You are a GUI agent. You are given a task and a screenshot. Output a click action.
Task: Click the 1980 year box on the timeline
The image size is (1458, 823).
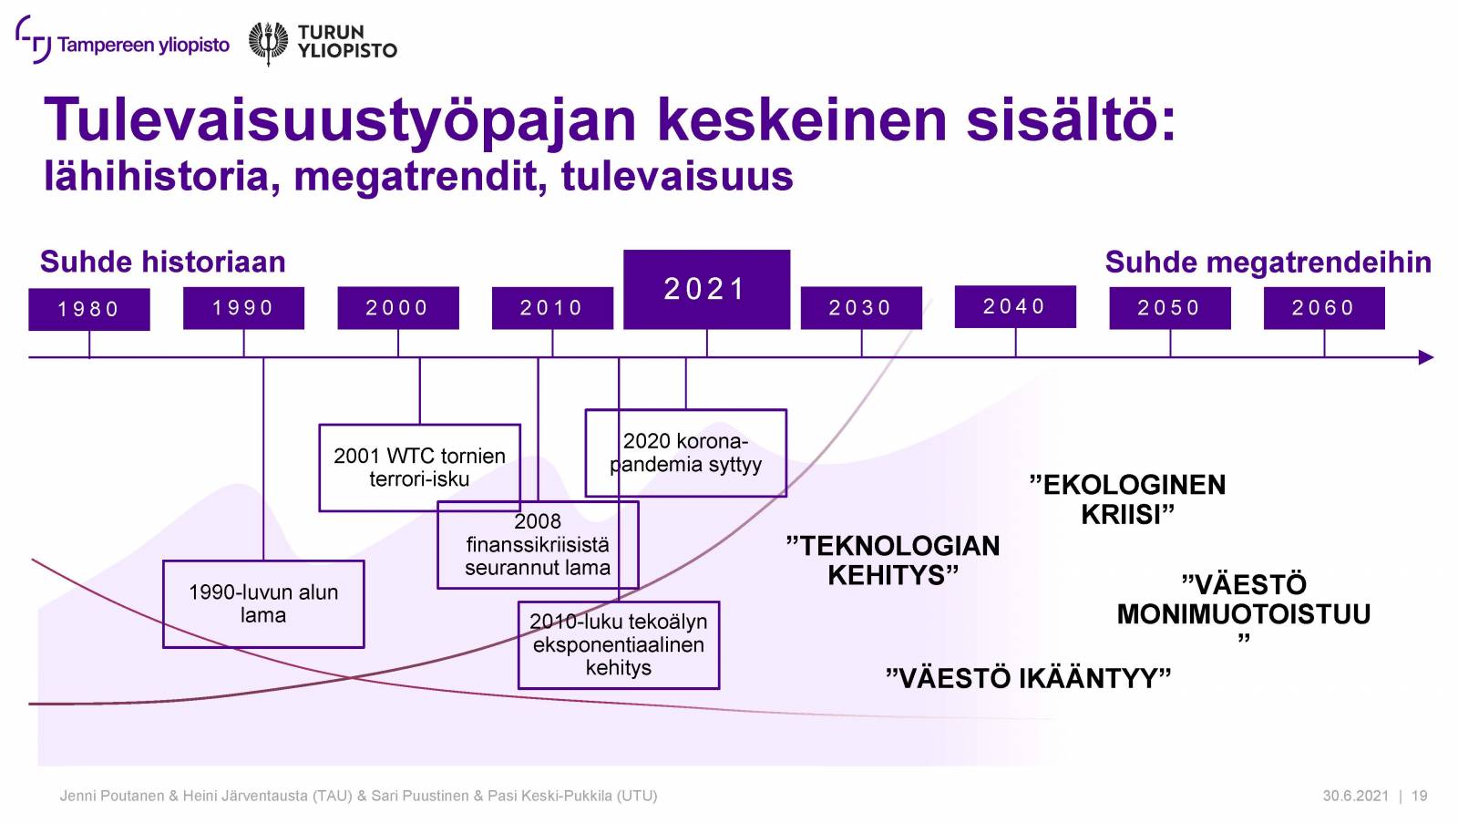click(89, 309)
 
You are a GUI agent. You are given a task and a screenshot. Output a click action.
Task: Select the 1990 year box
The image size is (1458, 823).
click(243, 308)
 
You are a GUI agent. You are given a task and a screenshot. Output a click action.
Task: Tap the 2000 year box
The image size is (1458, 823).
click(397, 308)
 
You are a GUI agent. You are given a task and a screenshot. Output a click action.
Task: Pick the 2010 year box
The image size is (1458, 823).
click(552, 308)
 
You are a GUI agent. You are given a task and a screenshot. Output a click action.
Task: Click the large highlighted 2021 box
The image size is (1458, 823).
click(707, 290)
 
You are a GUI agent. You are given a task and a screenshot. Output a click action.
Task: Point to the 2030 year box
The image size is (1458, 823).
click(861, 308)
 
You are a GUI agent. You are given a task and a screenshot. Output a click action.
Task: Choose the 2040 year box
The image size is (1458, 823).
click(1015, 306)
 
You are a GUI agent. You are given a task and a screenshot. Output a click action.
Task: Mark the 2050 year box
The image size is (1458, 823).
click(1170, 308)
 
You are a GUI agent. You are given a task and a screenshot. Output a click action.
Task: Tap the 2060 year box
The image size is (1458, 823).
click(1325, 308)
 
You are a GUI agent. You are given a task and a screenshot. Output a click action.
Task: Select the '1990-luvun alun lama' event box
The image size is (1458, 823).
click(263, 604)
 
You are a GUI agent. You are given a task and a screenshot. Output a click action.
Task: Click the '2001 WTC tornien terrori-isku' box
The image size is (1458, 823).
click(420, 468)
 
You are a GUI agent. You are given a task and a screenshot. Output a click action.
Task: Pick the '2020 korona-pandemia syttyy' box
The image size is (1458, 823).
click(686, 453)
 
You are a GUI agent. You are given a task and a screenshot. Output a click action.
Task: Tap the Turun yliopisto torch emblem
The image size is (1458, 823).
click(268, 43)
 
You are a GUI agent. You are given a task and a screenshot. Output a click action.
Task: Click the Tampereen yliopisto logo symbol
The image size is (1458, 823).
click(33, 40)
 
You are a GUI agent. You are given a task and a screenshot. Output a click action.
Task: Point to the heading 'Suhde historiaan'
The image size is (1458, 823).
click(163, 262)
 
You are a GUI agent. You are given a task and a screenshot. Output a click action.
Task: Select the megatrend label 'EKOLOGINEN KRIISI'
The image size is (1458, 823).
click(1128, 499)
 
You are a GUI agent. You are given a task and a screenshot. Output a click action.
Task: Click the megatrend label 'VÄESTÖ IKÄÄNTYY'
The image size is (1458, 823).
click(1029, 678)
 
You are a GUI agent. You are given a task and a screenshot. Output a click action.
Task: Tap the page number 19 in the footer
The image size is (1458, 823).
click(1420, 796)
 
